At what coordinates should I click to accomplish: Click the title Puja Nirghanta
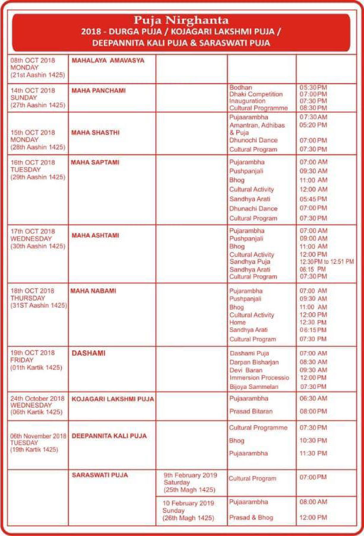[x=181, y=20]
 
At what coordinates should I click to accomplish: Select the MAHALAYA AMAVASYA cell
[x=108, y=60]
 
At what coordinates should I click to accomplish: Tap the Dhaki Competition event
[x=257, y=94]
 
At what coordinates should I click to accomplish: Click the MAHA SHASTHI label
[x=96, y=133]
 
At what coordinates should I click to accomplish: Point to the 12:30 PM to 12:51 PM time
[x=327, y=261]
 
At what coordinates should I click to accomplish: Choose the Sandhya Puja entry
[x=250, y=261]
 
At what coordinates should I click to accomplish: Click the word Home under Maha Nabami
[x=237, y=323]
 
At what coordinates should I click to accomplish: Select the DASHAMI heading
[x=88, y=353]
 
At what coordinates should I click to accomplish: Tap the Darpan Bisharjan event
[x=254, y=362]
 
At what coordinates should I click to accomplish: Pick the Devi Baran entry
[x=246, y=370]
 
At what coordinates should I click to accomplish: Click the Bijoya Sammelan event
[x=254, y=387]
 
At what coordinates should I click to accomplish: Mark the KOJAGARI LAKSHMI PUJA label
[x=113, y=400]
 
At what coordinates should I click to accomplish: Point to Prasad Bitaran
[x=251, y=411]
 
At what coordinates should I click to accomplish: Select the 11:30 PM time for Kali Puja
[x=314, y=454]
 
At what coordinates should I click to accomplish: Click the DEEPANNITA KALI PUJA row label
[x=109, y=436]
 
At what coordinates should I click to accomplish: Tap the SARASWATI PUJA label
[x=100, y=475]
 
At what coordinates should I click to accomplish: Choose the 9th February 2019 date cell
[x=191, y=483]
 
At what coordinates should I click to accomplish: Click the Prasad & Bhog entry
[x=252, y=518]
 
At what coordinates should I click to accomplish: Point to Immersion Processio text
[x=259, y=378]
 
